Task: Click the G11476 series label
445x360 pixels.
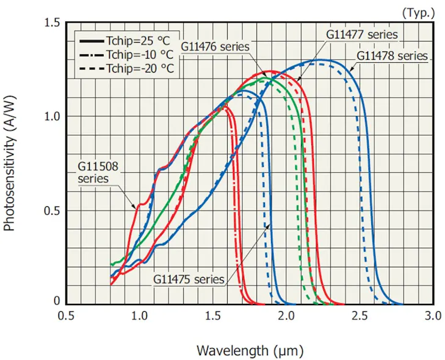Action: click(215, 46)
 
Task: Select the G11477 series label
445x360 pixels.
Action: click(361, 34)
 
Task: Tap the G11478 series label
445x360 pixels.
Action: click(392, 56)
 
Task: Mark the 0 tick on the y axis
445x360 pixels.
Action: click(57, 301)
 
